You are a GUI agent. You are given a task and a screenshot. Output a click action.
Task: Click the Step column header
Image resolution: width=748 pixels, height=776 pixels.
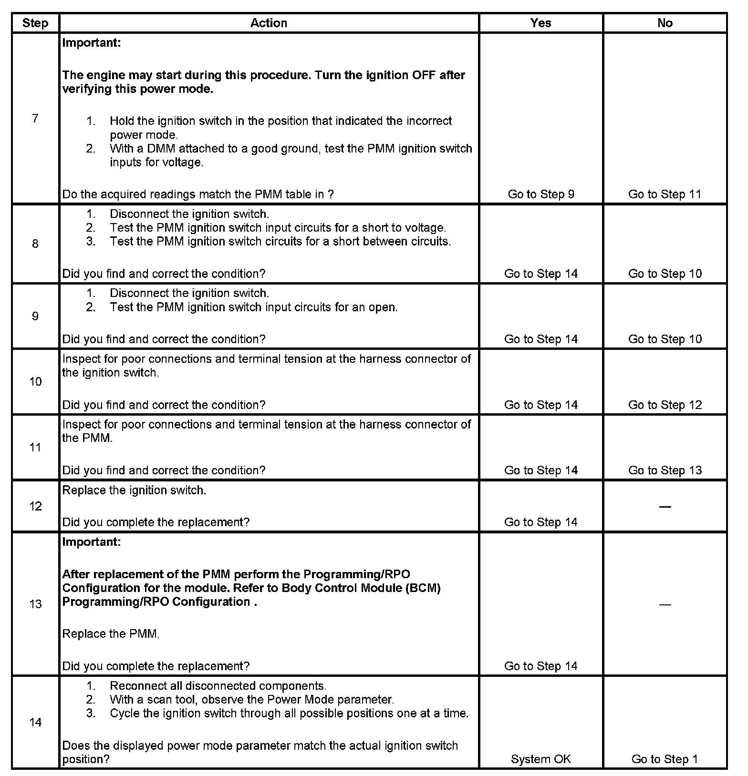[x=35, y=23]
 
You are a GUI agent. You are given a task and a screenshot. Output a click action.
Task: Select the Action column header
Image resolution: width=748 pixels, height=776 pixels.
[x=269, y=23]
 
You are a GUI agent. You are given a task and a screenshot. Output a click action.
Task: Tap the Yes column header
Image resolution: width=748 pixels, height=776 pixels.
[x=540, y=23]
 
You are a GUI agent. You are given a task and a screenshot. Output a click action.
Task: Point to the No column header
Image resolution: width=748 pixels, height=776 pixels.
[x=665, y=23]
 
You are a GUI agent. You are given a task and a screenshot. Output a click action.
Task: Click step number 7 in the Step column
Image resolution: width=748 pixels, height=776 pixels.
[x=35, y=118]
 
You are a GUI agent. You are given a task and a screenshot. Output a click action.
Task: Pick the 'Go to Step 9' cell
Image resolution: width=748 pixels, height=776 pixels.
[x=540, y=194]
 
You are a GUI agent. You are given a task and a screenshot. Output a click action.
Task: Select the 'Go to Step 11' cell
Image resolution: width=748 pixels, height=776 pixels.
[x=665, y=194]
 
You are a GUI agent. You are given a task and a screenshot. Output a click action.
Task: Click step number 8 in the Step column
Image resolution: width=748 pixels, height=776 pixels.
[x=35, y=244]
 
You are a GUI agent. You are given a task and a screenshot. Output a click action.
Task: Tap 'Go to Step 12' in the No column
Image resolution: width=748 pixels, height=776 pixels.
[x=665, y=405]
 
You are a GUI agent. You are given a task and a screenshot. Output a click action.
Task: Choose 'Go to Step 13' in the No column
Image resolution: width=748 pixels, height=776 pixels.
[x=665, y=470]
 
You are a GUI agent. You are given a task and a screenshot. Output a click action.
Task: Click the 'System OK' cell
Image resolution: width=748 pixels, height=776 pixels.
[x=540, y=759]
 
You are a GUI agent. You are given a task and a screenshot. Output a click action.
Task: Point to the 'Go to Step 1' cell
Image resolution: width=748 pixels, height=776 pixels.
[x=665, y=759]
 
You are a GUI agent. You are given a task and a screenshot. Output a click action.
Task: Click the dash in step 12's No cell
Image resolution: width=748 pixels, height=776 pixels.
[x=665, y=507]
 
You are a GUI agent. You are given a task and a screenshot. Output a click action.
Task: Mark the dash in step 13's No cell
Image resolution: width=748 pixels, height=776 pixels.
[x=665, y=604]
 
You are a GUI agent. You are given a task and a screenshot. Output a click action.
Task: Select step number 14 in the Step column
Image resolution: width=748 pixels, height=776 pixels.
[x=35, y=722]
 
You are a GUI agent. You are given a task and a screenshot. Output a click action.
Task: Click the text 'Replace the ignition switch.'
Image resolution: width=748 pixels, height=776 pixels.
[x=134, y=490]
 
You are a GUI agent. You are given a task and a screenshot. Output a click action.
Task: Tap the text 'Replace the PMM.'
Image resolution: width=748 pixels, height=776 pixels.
[x=111, y=633]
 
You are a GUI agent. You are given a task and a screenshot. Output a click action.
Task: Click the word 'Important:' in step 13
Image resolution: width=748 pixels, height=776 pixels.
[x=92, y=542]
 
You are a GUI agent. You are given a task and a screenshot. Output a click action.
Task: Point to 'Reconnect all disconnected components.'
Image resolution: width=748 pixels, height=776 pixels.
[x=218, y=686]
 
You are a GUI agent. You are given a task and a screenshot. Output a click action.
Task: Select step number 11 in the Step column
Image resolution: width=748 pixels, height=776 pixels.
[x=35, y=447]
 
